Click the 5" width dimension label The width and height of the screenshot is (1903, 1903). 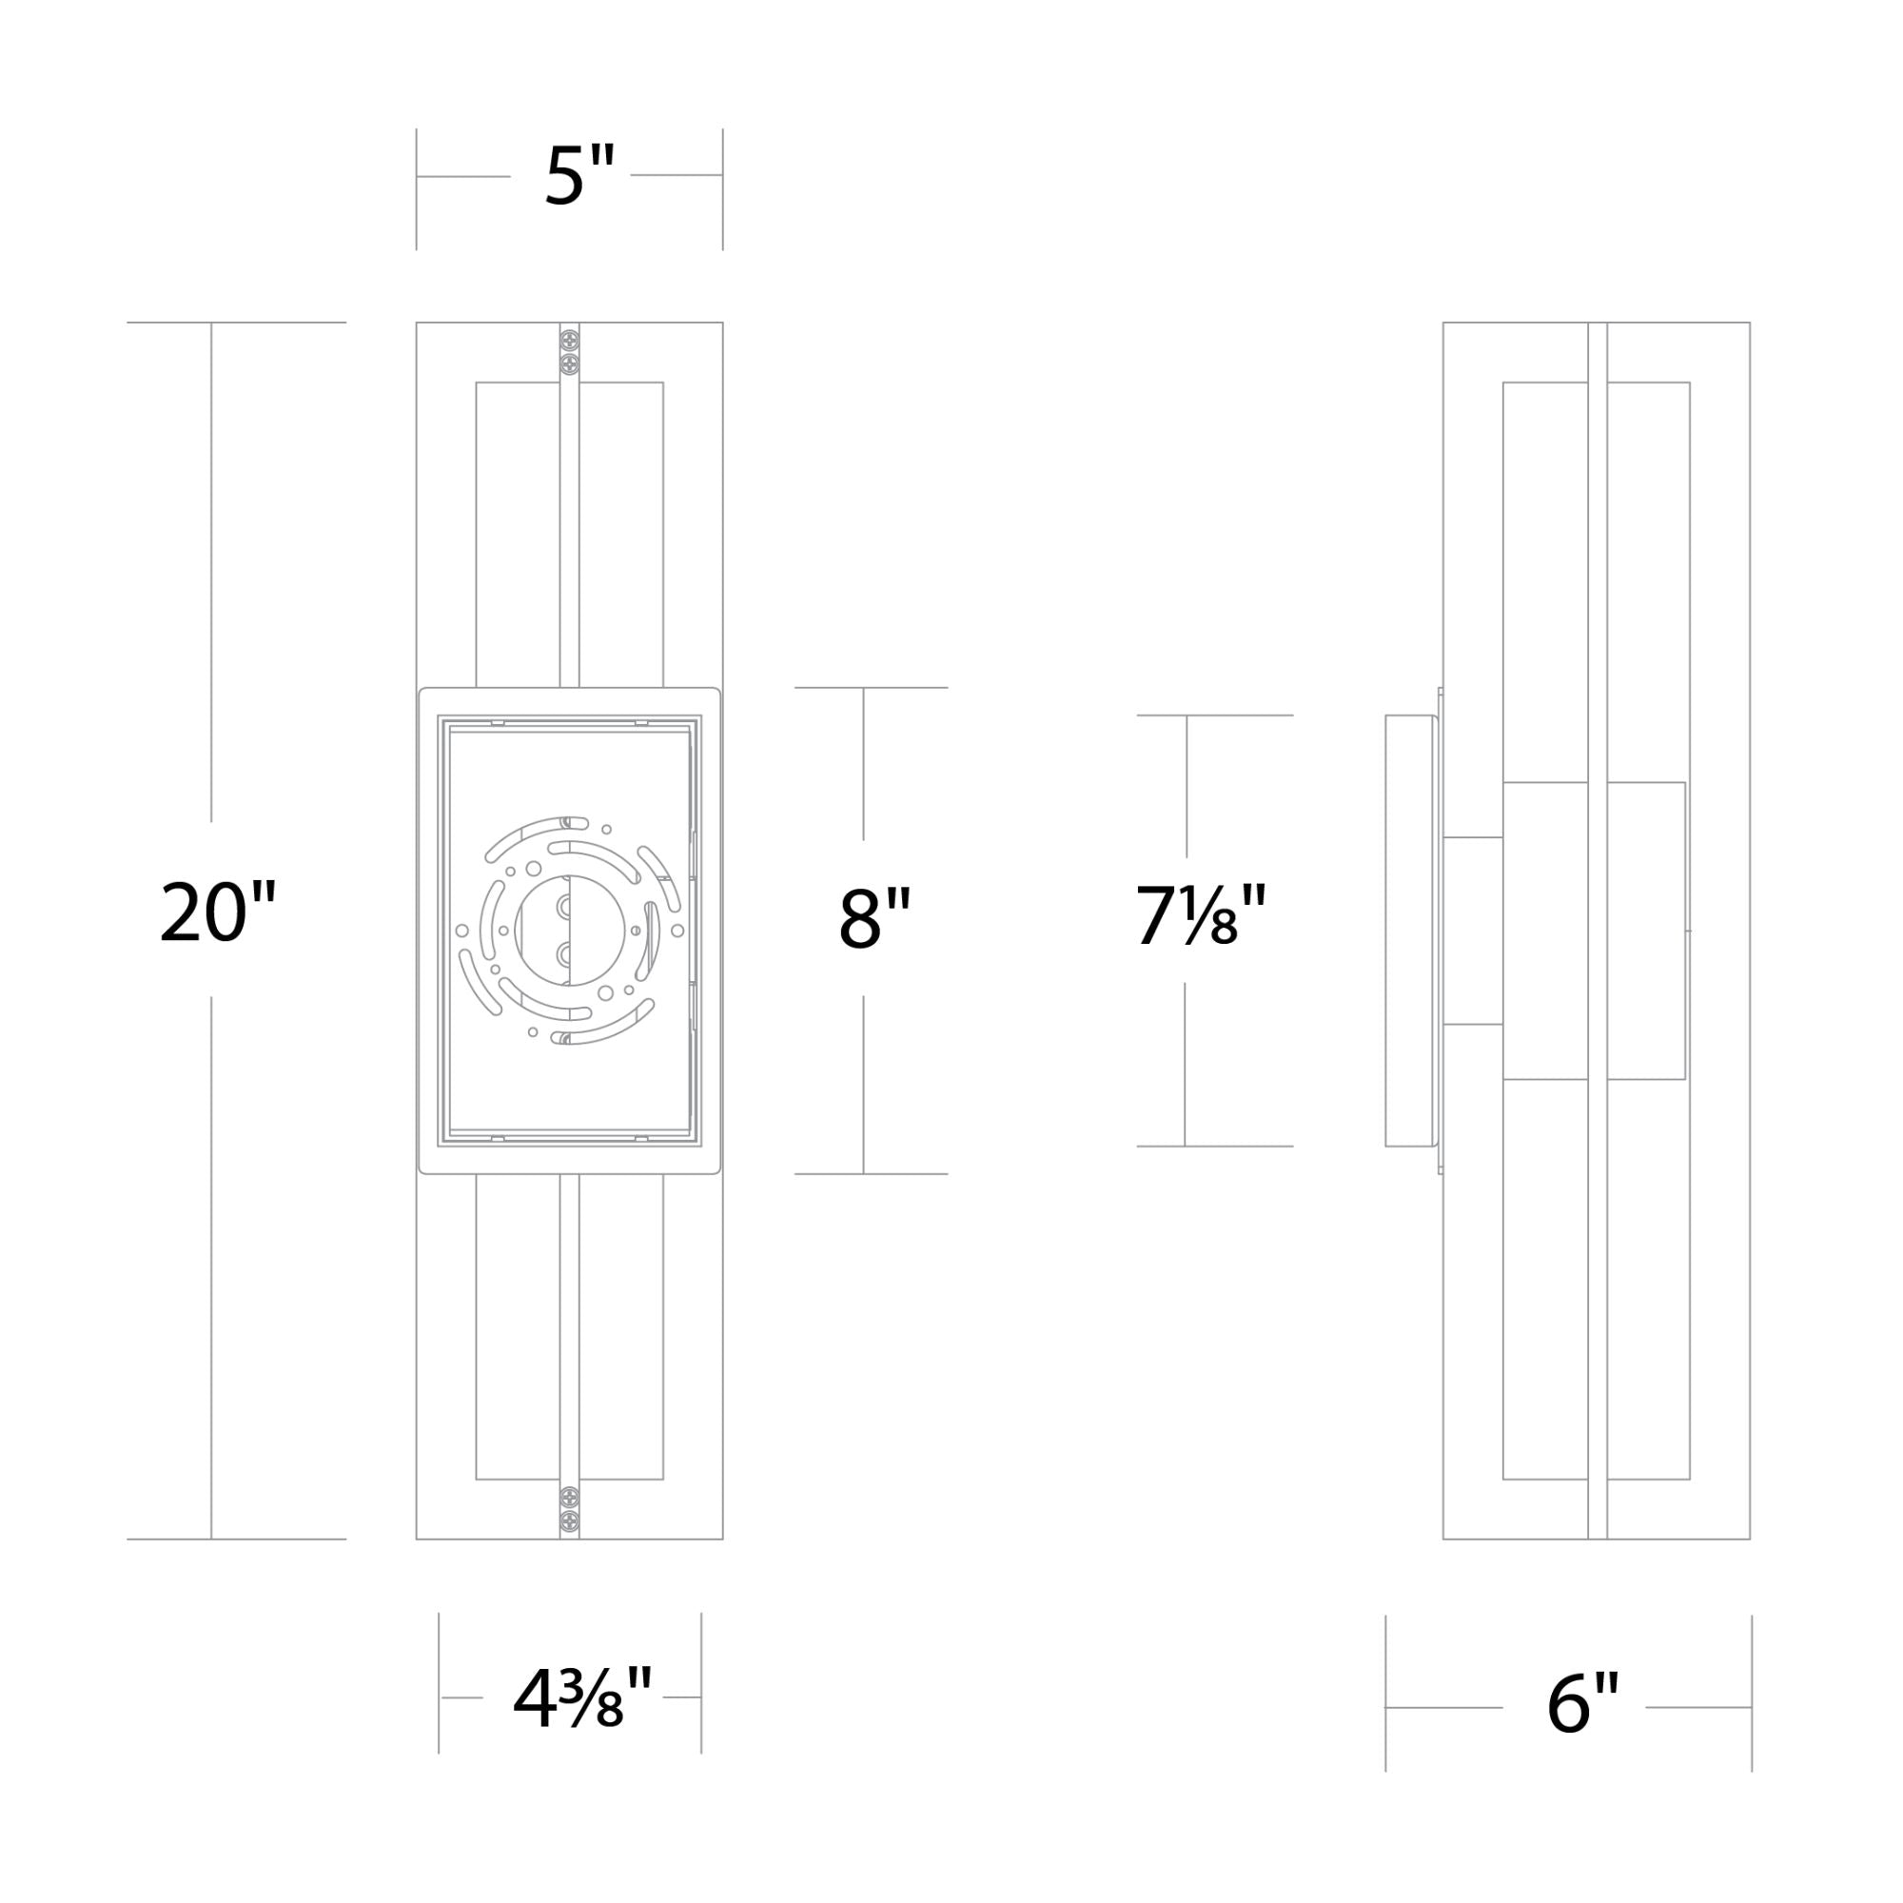(x=580, y=174)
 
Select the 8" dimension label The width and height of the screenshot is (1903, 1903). (x=874, y=917)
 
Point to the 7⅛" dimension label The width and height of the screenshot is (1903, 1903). (x=1201, y=913)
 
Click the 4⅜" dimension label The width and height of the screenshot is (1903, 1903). (x=582, y=1697)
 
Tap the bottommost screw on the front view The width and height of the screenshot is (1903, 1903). (x=569, y=1520)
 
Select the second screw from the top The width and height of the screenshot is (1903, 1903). (x=569, y=364)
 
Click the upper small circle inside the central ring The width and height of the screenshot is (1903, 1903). (x=564, y=906)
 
